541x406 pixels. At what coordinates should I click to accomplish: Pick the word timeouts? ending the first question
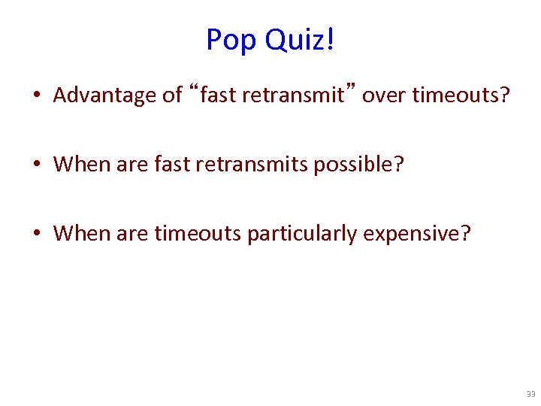(x=462, y=95)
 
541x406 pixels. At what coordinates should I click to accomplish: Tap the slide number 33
(x=530, y=394)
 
